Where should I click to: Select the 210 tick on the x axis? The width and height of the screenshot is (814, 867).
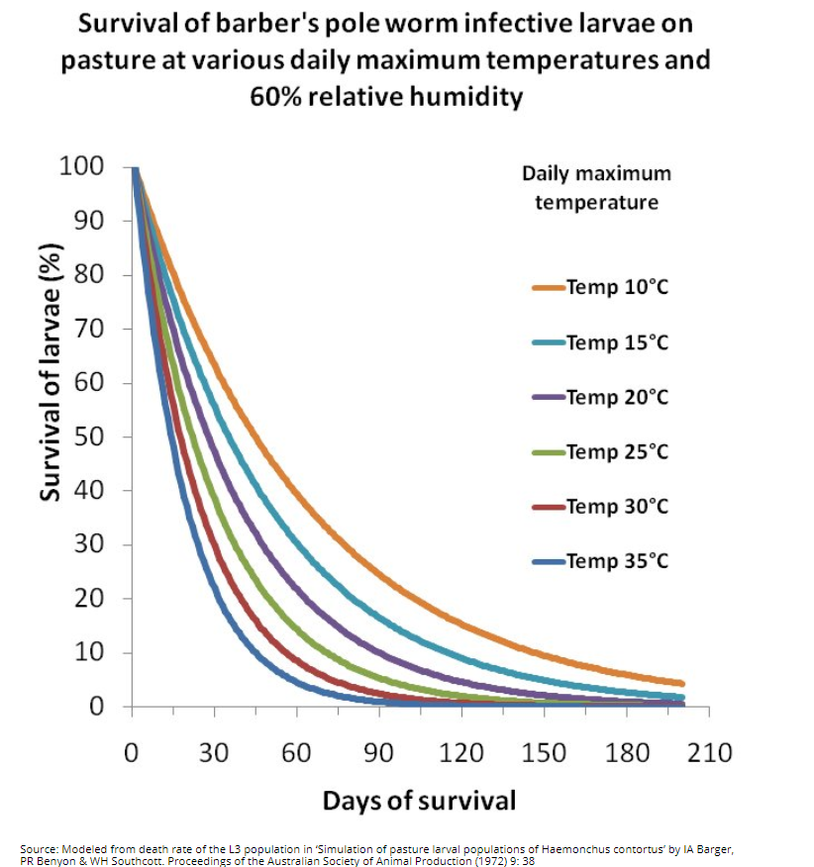tap(710, 753)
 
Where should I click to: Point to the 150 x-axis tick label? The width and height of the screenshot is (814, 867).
tap(544, 753)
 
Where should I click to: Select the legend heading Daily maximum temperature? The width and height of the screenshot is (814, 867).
tap(596, 187)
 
